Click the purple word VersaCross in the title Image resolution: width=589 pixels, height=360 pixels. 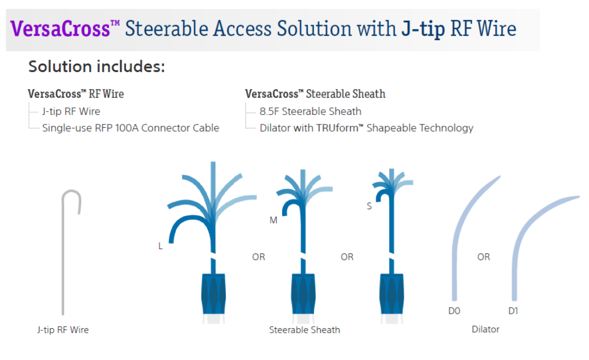tap(60, 28)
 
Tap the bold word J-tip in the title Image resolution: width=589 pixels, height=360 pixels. tap(423, 29)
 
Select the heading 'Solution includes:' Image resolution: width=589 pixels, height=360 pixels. tap(96, 66)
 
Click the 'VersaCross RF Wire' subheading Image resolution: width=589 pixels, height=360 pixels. tap(76, 94)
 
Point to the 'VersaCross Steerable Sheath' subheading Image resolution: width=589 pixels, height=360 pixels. tap(315, 94)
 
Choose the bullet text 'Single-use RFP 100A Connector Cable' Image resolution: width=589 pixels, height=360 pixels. tap(131, 128)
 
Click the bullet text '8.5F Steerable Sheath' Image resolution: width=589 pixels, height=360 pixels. tap(310, 111)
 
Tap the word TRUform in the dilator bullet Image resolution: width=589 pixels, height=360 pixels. tap(337, 128)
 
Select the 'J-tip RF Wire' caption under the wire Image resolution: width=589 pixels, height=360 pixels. tap(63, 329)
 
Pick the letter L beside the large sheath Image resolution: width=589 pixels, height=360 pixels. tap(161, 246)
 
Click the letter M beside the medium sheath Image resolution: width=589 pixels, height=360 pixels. tap(273, 220)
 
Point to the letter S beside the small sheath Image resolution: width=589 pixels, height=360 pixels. tap(369, 206)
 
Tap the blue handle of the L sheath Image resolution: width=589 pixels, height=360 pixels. tap(214, 294)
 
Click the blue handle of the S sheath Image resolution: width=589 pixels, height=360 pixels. tap(392, 294)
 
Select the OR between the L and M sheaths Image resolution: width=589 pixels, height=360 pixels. tap(258, 257)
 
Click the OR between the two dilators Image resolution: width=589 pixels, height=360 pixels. tap(484, 257)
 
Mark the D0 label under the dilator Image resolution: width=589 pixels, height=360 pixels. tap(454, 311)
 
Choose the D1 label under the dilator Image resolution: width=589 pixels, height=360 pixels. tap(513, 311)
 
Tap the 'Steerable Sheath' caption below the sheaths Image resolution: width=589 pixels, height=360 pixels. tap(305, 329)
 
